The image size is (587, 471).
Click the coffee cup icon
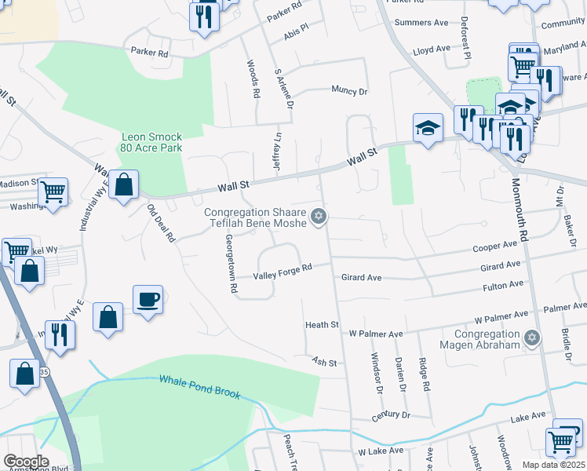(x=148, y=299)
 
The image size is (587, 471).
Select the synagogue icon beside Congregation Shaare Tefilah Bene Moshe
(x=318, y=216)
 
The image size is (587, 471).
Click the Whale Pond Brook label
(x=199, y=387)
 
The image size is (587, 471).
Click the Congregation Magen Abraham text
(x=476, y=339)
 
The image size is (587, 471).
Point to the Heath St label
(x=322, y=324)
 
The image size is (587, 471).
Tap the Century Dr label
(x=391, y=414)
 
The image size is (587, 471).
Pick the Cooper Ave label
(x=494, y=247)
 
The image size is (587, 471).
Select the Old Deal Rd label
(x=161, y=224)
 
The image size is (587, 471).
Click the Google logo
(x=26, y=462)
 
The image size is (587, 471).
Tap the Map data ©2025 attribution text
(x=553, y=465)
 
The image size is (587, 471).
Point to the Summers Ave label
(x=421, y=23)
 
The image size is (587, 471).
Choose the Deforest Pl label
(x=466, y=38)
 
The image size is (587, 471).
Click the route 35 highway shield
(x=44, y=372)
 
